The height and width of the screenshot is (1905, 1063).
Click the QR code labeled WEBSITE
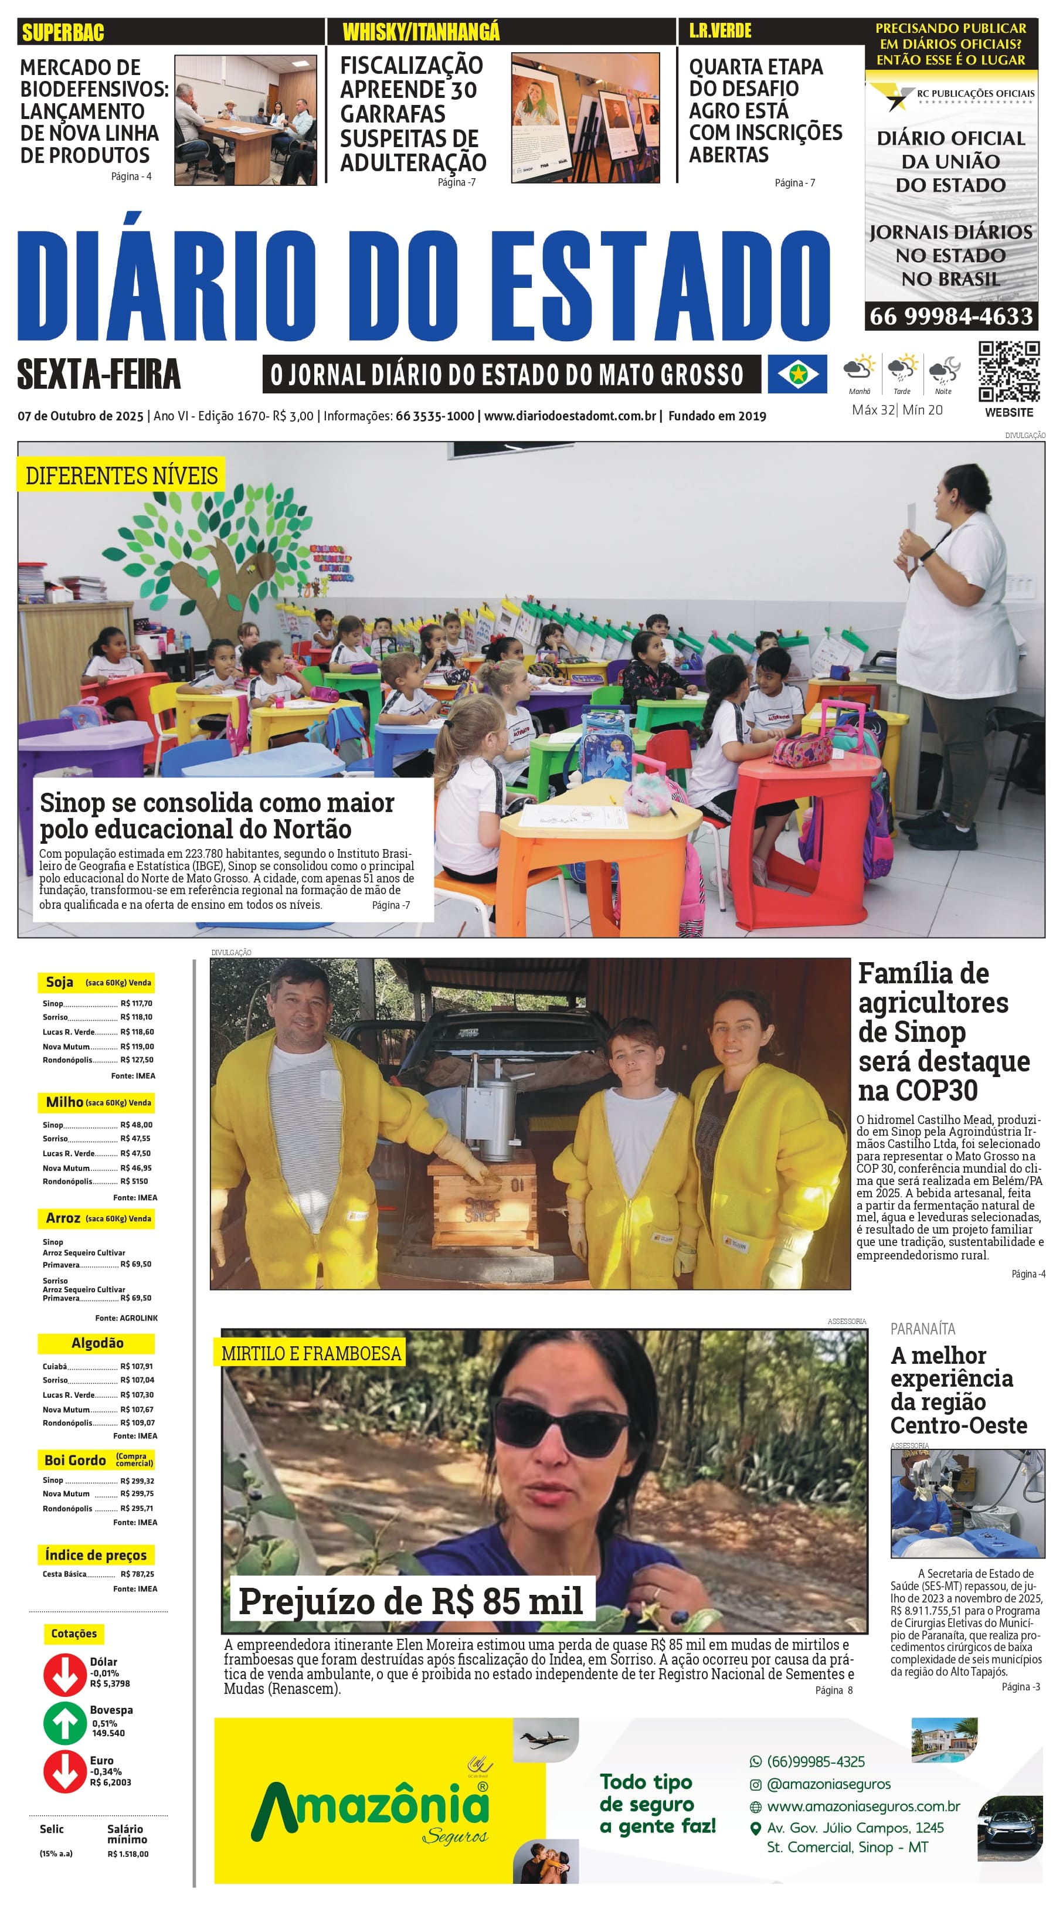coord(1008,371)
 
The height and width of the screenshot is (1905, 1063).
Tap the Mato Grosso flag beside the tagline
coord(797,374)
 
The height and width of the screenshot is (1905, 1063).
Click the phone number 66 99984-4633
coord(950,317)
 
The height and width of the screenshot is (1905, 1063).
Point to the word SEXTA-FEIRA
coord(99,374)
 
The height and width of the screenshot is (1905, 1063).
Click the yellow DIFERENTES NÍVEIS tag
coord(121,476)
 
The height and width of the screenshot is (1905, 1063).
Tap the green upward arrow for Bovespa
coord(64,1723)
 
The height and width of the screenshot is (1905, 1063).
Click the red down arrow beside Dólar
coord(64,1674)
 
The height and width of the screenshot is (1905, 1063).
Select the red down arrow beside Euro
coord(64,1772)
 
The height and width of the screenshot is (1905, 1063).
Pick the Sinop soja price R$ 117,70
coord(136,1004)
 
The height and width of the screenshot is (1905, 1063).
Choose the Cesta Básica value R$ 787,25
coord(137,1574)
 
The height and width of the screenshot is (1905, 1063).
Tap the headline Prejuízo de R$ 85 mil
coord(410,1602)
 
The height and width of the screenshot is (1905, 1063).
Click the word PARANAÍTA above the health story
coord(922,1329)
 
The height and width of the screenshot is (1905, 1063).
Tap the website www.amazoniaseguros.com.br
coord(863,1806)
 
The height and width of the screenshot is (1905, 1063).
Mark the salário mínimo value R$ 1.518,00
coord(128,1854)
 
